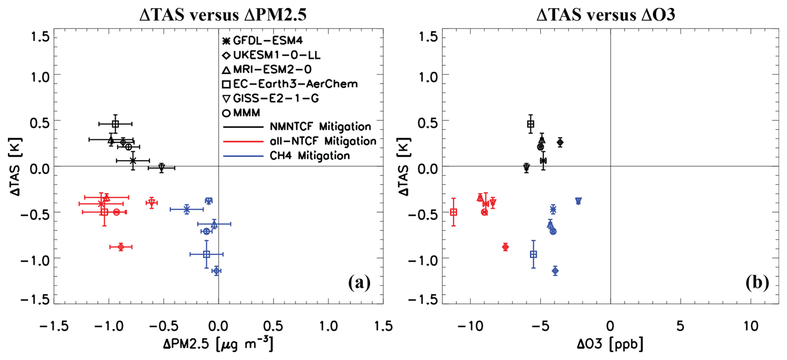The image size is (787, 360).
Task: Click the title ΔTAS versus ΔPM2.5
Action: point(223,15)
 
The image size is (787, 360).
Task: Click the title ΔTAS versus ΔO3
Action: point(606,15)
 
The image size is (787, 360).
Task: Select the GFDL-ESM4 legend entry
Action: point(267,41)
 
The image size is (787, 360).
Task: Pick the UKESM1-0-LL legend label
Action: point(277,55)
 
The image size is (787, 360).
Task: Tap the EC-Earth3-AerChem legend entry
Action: point(295,84)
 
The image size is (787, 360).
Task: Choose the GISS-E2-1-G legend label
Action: point(272,99)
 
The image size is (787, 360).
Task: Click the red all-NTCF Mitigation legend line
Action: point(243,142)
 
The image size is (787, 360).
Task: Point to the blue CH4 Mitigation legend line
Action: point(243,156)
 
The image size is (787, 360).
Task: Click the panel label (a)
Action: point(359,283)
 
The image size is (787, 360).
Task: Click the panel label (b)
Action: point(757,283)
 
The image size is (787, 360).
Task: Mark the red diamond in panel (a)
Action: point(121,247)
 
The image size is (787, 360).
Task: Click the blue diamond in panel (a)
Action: point(216,271)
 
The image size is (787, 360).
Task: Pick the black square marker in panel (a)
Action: point(115,124)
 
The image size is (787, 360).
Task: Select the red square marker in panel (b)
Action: point(453,212)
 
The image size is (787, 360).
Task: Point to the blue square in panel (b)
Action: point(533,254)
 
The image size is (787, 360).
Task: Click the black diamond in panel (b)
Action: point(560,142)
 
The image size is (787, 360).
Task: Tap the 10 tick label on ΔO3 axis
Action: point(751,326)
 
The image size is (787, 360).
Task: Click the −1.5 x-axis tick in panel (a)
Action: point(54,326)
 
